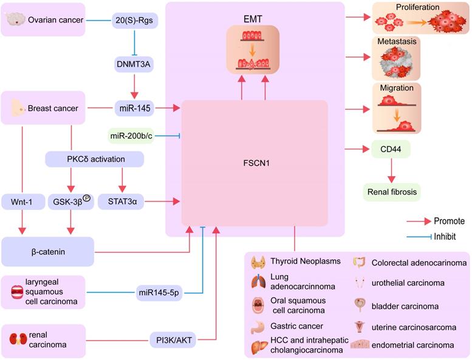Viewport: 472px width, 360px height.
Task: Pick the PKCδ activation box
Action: [95, 159]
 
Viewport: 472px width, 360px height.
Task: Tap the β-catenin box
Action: [47, 251]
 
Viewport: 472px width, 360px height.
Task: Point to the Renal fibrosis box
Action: [392, 192]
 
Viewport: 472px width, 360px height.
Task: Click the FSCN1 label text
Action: [255, 163]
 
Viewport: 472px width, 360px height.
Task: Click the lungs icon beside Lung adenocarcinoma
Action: [258, 283]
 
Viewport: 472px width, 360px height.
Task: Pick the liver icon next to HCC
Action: [259, 347]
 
